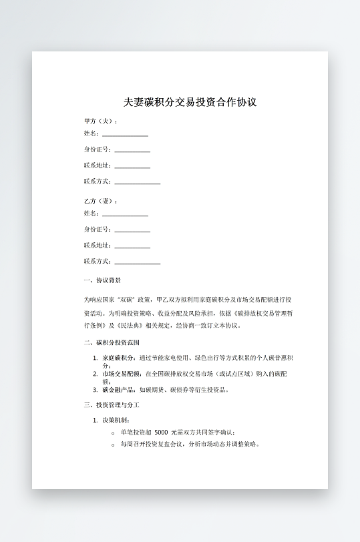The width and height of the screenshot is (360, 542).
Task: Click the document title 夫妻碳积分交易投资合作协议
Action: click(x=190, y=103)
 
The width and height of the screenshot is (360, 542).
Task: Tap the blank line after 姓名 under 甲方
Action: click(x=125, y=134)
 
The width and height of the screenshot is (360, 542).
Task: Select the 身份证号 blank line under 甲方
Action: click(x=132, y=150)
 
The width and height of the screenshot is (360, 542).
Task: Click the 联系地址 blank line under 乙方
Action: click(x=132, y=246)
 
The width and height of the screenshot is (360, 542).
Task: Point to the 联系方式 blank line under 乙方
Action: click(x=138, y=262)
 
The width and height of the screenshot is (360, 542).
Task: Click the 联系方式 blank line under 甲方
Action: click(x=138, y=182)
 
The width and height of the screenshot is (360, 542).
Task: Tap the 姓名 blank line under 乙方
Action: click(x=125, y=214)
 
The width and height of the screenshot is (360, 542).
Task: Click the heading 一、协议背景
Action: click(x=102, y=280)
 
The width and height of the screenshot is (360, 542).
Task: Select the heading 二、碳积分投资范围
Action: click(x=112, y=343)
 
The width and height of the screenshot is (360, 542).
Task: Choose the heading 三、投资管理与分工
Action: click(x=112, y=405)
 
